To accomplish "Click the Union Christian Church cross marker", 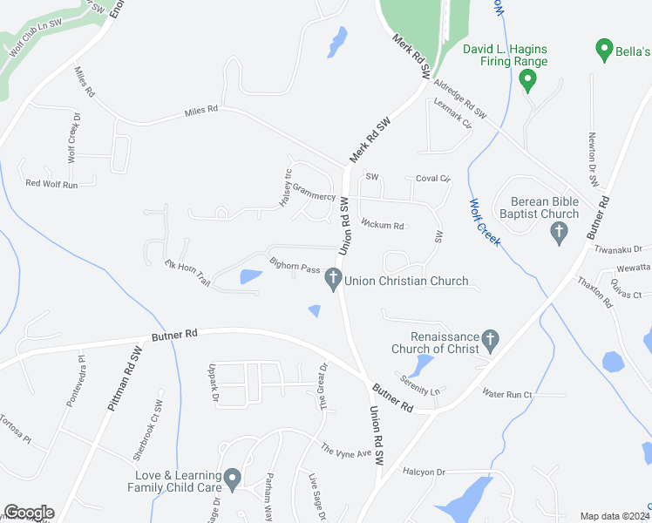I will [332, 280].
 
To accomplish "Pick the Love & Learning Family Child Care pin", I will [232, 478].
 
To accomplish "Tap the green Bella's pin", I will [602, 50].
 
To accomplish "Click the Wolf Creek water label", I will [485, 222].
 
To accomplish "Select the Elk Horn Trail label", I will [187, 273].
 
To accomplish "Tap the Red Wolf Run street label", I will [51, 184].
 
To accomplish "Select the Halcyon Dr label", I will [424, 472].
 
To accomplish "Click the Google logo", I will [29, 513].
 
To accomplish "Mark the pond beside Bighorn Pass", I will [249, 278].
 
